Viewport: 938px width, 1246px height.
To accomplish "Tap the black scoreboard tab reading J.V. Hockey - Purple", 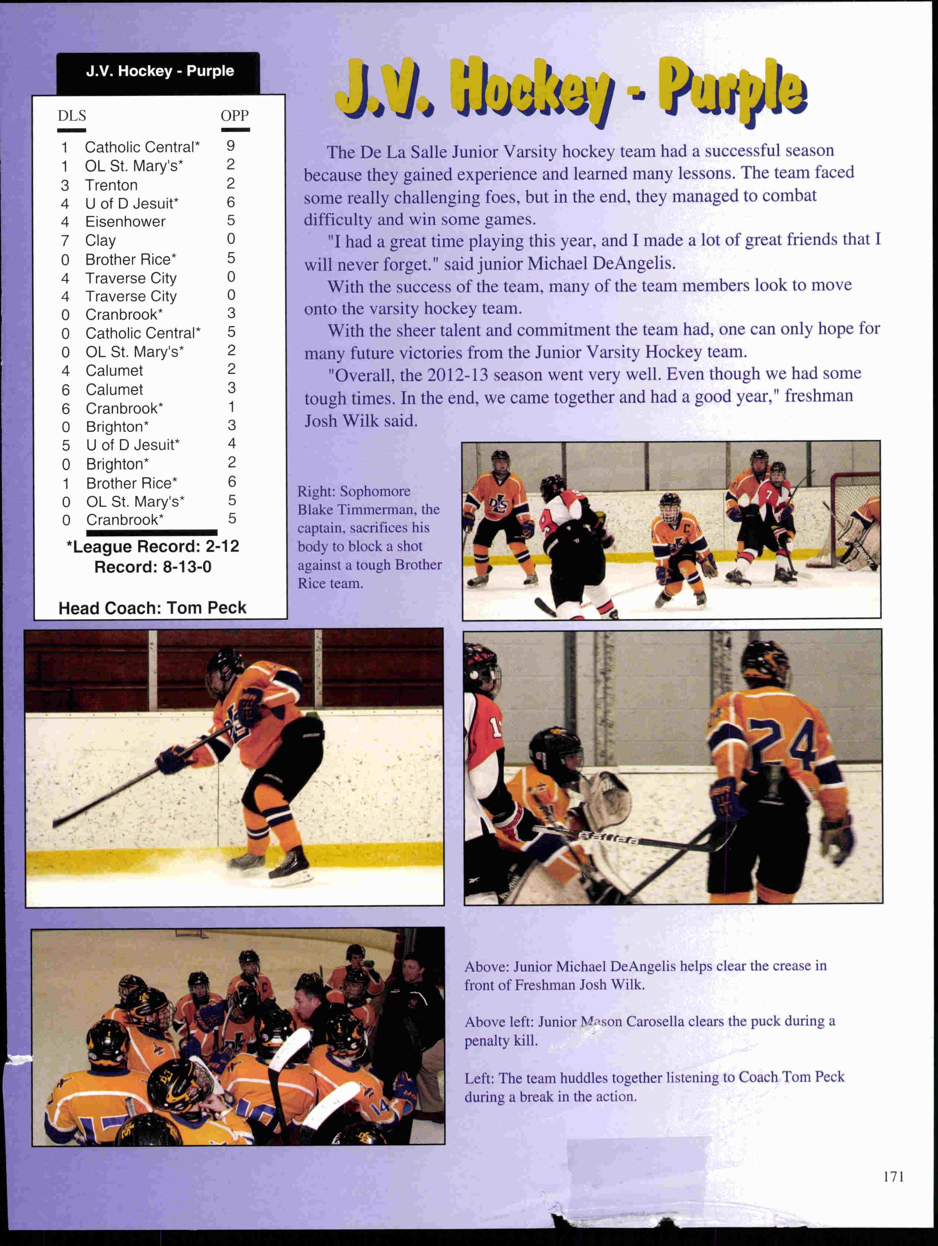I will (159, 71).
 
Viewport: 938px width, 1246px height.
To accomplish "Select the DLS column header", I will (71, 116).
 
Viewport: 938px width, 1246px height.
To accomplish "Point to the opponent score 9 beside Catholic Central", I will (231, 146).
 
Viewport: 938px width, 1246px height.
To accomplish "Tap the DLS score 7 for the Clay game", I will (65, 241).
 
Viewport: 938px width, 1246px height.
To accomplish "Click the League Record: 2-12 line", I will (153, 546).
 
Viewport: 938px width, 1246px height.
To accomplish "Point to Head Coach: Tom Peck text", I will (152, 608).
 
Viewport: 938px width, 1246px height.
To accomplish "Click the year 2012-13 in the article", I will (457, 375).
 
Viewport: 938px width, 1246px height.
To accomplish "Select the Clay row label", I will (100, 241).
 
